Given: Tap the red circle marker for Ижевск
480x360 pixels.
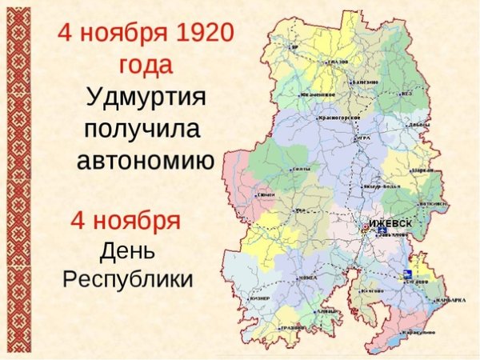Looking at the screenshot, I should [x=365, y=227].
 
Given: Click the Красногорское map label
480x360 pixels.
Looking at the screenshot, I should [x=340, y=118].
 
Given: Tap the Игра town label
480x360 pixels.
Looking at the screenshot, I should [x=363, y=138].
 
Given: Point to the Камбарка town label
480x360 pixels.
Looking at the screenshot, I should [x=451, y=301].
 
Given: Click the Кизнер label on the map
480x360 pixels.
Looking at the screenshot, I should [x=261, y=298].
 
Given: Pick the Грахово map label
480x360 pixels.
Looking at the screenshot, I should [x=294, y=327].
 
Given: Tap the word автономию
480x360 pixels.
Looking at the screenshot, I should [x=146, y=160].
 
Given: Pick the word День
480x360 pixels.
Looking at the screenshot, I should [x=127, y=250].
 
